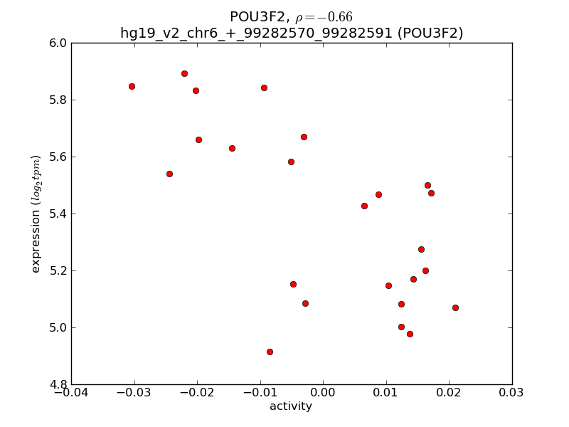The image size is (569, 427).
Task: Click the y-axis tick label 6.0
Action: [58, 43]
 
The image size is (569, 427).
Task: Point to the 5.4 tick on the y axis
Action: [58, 214]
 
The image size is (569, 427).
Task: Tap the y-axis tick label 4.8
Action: [58, 385]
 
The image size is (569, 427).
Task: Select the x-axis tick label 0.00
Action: [323, 393]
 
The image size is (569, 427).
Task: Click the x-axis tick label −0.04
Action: [71, 393]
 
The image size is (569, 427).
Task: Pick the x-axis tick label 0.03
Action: [511, 393]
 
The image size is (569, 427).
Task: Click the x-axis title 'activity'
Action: [291, 406]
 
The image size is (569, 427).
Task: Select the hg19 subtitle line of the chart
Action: [292, 33]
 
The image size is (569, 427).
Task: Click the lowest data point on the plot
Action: [270, 352]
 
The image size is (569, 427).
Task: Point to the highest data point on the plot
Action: [184, 73]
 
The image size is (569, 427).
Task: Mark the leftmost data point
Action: [132, 86]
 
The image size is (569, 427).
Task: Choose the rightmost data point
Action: [455, 307]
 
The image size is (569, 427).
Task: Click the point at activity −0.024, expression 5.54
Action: [169, 174]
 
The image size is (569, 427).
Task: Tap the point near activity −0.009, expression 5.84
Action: [264, 88]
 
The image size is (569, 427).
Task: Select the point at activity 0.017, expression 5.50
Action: [427, 185]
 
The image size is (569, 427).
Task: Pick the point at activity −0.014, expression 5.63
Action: [232, 148]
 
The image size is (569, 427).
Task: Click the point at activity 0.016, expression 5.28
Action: [421, 249]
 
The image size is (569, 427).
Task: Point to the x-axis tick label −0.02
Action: [197, 393]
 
